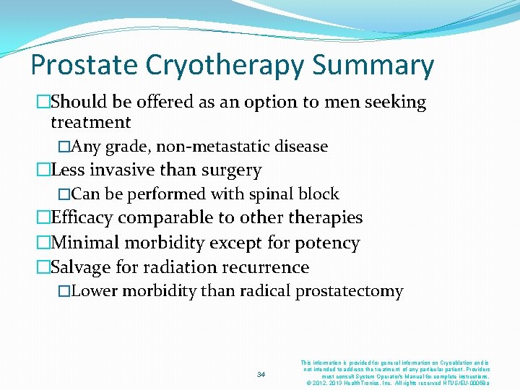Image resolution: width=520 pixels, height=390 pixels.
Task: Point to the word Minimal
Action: [86, 243]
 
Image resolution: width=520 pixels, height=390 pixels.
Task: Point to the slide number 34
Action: [261, 374]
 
